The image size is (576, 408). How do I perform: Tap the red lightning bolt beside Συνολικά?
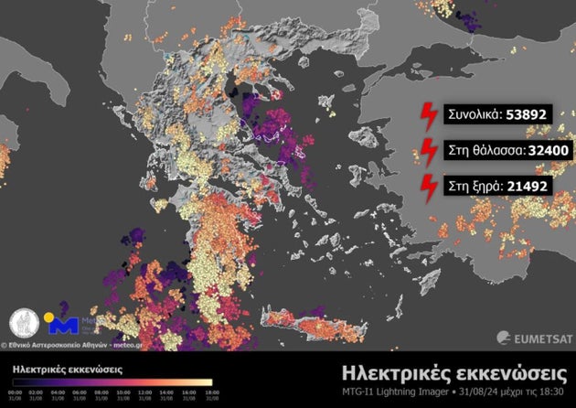point(427,116)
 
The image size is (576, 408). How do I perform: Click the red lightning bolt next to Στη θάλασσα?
point(427,151)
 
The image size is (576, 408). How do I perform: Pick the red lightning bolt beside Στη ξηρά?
point(427,186)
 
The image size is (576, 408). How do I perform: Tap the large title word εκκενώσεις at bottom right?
point(511,373)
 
